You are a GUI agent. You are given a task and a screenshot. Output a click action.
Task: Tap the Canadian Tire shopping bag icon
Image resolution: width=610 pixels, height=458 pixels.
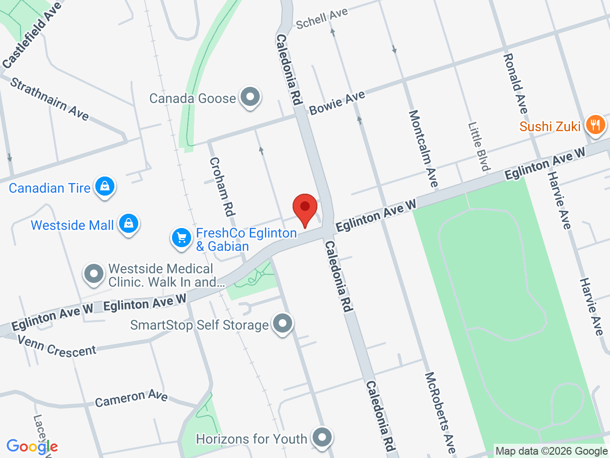(x=105, y=186)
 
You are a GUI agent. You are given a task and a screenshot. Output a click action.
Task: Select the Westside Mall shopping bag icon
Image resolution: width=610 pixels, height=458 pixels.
(x=129, y=223)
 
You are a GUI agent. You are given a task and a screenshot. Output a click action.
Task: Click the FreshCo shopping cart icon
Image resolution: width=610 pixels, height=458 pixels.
(x=182, y=238)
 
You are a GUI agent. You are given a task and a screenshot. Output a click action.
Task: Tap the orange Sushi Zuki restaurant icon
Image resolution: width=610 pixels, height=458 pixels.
(x=595, y=125)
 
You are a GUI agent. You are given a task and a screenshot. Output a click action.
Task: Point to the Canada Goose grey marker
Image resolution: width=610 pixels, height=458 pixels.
(x=250, y=97)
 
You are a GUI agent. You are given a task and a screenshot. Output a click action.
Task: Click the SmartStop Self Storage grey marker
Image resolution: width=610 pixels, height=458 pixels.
(x=283, y=323)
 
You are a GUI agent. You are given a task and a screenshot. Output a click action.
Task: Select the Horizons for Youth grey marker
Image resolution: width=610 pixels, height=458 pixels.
(x=322, y=437)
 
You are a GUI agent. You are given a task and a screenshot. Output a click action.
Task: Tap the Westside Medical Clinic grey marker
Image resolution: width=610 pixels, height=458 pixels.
(x=93, y=274)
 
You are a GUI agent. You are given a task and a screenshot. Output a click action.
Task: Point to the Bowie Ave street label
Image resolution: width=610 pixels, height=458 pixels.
(x=337, y=103)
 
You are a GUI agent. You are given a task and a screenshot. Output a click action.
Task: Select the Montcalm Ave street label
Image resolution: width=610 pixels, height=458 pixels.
(x=423, y=148)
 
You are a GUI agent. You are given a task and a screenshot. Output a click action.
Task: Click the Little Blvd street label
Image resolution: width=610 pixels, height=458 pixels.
(x=479, y=146)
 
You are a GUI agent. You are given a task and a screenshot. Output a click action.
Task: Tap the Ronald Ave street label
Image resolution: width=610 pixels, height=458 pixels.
(x=515, y=83)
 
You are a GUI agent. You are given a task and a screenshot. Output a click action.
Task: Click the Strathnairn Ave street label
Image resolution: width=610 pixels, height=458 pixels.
(x=50, y=99)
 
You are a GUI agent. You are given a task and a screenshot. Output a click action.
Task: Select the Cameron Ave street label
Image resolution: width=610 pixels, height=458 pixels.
(x=131, y=398)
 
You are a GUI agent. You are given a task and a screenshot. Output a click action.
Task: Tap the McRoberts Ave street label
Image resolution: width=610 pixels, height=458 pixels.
(x=440, y=412)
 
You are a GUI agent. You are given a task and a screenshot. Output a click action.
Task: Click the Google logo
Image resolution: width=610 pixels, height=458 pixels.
(x=32, y=447)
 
